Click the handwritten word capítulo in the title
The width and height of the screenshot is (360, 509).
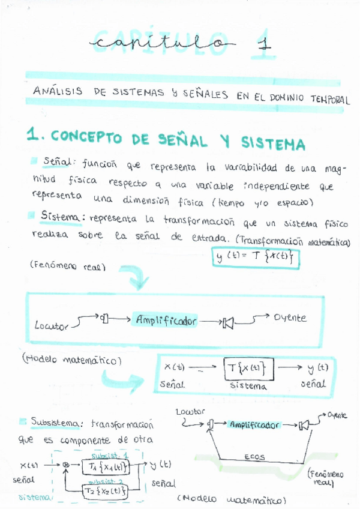(x=160, y=44)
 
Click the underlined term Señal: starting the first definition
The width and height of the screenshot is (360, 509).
(x=58, y=162)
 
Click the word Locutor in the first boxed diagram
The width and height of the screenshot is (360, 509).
(x=52, y=327)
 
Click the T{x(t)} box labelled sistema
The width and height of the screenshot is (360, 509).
(x=248, y=366)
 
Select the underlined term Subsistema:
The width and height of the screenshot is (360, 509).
(x=58, y=423)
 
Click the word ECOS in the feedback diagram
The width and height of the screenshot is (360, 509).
(x=254, y=457)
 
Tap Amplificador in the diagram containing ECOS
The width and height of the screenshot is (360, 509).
(x=254, y=424)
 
